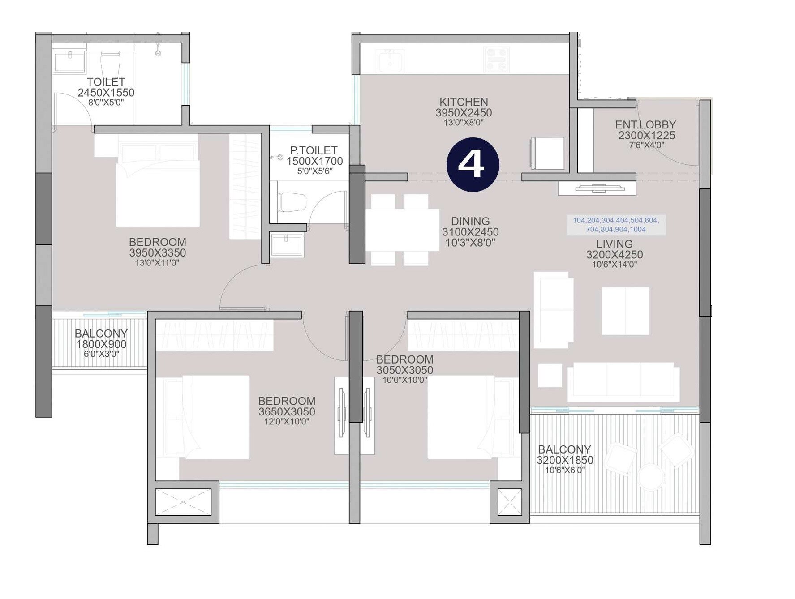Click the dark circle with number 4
click(473, 164)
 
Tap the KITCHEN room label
click(464, 102)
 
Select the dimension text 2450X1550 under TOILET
click(106, 93)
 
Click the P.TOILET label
click(314, 150)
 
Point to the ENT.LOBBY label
click(645, 125)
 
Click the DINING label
click(470, 221)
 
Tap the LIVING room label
click(614, 244)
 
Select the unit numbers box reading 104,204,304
click(616, 225)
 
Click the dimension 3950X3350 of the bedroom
click(157, 252)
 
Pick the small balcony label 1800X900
click(101, 344)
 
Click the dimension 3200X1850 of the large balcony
click(565, 460)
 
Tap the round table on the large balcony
click(650, 478)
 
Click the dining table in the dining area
click(402, 230)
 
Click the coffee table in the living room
click(625, 311)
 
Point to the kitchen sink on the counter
click(390, 61)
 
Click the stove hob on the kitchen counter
click(496, 60)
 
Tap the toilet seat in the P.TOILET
click(292, 202)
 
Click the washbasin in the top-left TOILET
click(69, 61)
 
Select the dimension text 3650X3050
click(287, 411)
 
